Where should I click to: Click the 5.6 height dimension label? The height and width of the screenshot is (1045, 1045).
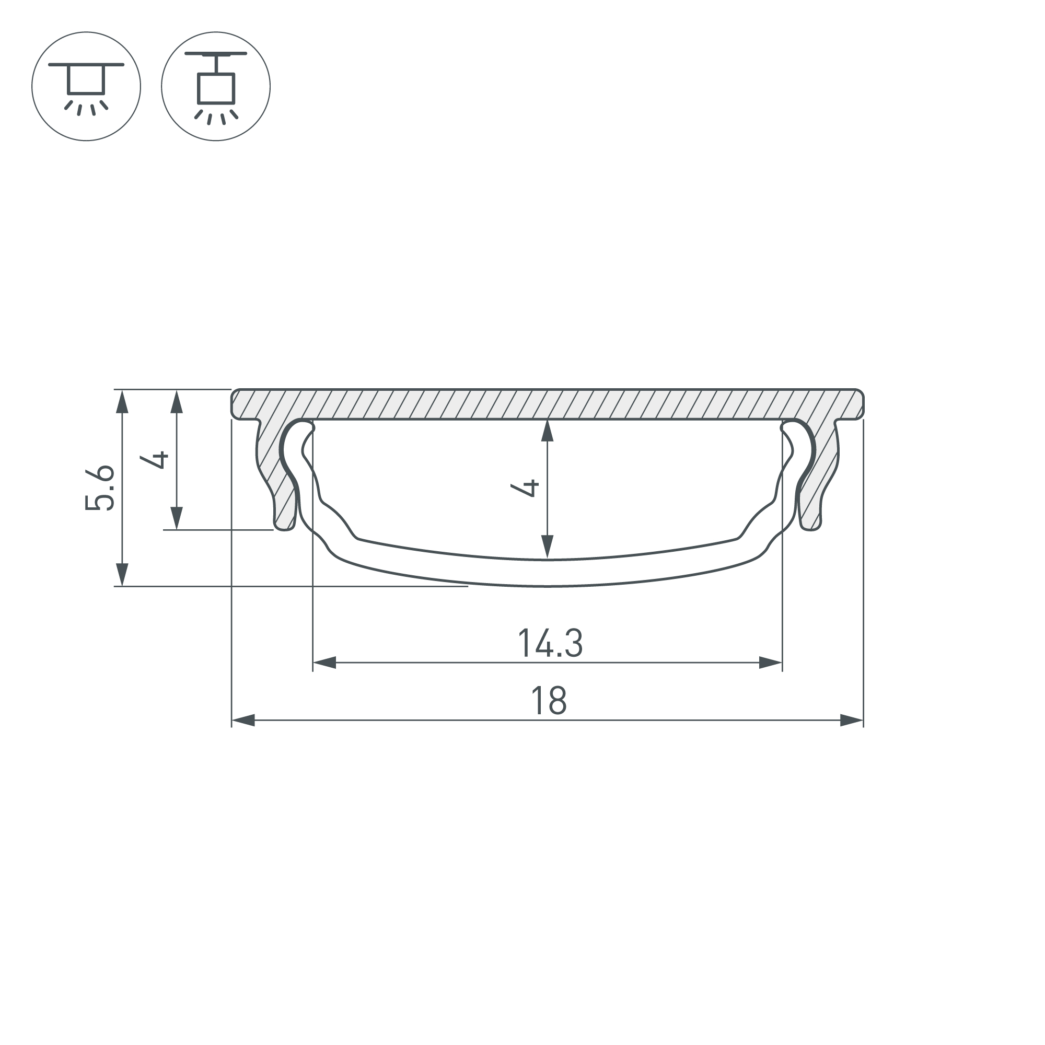point(101,487)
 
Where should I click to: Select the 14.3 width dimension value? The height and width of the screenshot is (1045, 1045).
point(550,643)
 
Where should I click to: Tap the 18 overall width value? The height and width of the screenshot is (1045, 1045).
point(549,701)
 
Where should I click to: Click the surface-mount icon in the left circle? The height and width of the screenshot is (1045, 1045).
point(86,87)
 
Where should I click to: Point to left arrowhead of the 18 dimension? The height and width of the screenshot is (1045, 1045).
point(243,721)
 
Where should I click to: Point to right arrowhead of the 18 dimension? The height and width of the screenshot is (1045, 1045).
point(852,721)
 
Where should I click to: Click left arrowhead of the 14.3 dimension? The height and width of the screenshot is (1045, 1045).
point(324,663)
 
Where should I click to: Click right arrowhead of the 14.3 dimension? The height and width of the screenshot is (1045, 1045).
point(771,663)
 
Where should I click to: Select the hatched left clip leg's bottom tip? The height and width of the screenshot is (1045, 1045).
point(284,526)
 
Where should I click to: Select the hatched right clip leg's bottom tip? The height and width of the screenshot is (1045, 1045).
point(811,526)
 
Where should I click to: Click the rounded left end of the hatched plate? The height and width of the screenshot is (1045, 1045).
point(235,404)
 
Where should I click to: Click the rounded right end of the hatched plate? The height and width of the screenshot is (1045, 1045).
point(860,404)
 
